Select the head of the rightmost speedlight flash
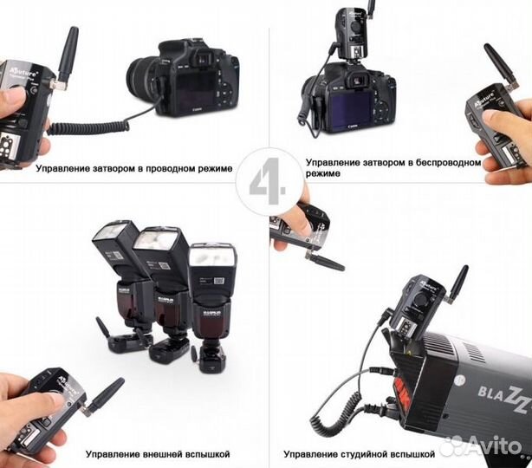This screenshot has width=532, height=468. coord(212,259)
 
